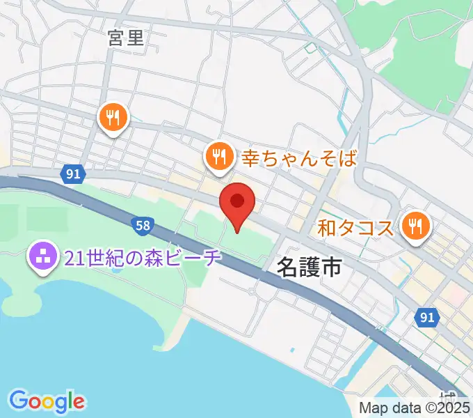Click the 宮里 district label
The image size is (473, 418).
(127, 38)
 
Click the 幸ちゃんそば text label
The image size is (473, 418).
(299, 157)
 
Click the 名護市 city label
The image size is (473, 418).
(310, 265)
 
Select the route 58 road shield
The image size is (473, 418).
(141, 225)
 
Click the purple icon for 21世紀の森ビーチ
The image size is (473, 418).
(42, 258)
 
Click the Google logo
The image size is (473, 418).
(47, 401)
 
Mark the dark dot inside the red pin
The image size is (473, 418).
(237, 201)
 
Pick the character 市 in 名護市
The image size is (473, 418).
(330, 265)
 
